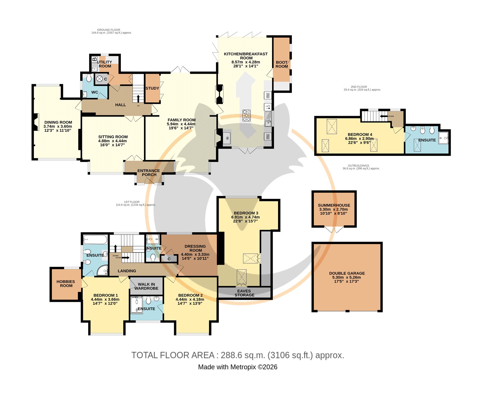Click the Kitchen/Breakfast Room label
pos(246,56)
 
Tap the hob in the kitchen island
pos(247,115)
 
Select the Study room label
pos(152,88)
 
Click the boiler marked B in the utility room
pos(94,59)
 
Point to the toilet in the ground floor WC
pos(89,78)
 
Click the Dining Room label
pos(58,122)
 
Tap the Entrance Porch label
pos(149,172)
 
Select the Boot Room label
pos(282,64)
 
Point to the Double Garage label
pos(347,273)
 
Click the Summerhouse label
pos(334,205)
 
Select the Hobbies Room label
pos(66,284)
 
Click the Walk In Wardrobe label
pos(146,286)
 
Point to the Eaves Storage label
pos(244,293)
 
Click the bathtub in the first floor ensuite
pos(95,240)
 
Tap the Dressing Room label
pos(195,248)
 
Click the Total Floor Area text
pos(238,355)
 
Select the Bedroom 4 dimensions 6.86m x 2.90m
pos(359,139)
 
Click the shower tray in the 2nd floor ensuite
pos(443,138)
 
